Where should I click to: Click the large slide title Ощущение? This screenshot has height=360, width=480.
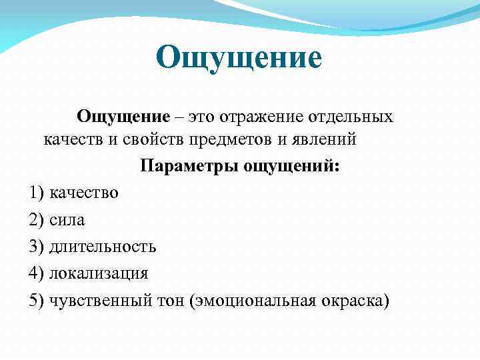pos(239,58)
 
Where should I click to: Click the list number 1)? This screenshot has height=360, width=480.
pos(37,193)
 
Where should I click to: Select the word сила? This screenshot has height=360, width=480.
pos(67,220)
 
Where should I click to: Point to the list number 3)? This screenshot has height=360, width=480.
pos(37,247)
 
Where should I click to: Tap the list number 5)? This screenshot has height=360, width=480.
pos(37,300)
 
